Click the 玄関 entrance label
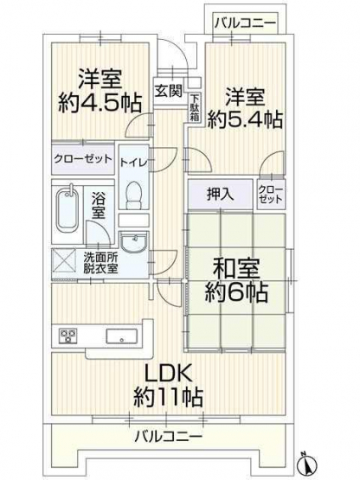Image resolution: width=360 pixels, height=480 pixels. [x=168, y=91]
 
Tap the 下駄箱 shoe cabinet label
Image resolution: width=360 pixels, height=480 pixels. [x=194, y=108]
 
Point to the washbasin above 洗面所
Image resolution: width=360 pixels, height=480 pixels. [x=133, y=242]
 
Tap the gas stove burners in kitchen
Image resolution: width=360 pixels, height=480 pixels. [x=68, y=336]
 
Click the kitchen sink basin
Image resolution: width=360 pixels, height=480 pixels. [x=122, y=336]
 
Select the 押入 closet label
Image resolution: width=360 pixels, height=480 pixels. [x=221, y=195]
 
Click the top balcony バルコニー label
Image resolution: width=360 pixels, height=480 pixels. [x=245, y=23]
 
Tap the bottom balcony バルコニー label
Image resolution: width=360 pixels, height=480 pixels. [x=169, y=435]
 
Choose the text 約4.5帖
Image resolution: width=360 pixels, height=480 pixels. [x=100, y=104]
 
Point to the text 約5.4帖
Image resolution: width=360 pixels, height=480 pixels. [x=246, y=119]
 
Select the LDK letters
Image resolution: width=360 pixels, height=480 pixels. [x=168, y=373]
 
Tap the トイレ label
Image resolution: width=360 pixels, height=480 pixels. [x=133, y=162]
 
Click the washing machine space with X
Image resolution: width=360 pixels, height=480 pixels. [x=64, y=260]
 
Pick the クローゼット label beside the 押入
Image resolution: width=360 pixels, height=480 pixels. [x=271, y=195]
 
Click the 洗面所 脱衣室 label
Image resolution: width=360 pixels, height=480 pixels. [x=100, y=263]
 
